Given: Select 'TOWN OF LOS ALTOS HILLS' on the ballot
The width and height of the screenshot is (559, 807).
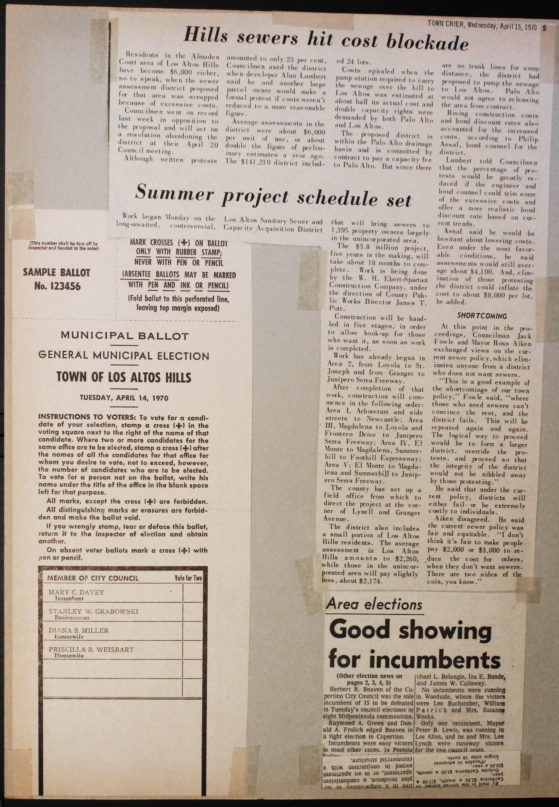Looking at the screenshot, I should [x=124, y=378].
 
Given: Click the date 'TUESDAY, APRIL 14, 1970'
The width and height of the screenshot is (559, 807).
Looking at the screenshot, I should [x=124, y=398].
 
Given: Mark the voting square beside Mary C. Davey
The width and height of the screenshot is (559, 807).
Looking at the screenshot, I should [x=193, y=594].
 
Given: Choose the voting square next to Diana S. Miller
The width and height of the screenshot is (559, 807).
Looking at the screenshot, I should [x=193, y=632].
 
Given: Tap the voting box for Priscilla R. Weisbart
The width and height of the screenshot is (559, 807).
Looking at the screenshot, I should [x=193, y=651].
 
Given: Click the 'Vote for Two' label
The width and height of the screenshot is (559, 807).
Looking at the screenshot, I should [x=188, y=578].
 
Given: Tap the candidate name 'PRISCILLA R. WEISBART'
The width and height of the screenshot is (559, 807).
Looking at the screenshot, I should [x=91, y=650].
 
